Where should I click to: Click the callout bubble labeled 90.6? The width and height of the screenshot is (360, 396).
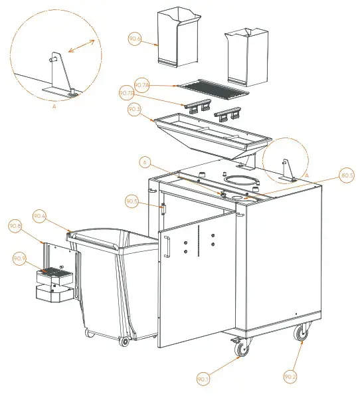pyautogui.click(x=135, y=40)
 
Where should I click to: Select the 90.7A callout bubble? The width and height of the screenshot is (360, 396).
pyautogui.click(x=141, y=85)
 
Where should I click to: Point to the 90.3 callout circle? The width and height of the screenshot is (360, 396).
pyautogui.click(x=134, y=109)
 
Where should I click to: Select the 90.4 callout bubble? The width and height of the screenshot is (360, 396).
pyautogui.click(x=40, y=217)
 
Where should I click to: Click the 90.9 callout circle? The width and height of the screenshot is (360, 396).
pyautogui.click(x=20, y=258)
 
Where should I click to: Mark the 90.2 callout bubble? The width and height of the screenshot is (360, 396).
pyautogui.click(x=290, y=377)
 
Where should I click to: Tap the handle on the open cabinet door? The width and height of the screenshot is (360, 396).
pyautogui.click(x=167, y=247)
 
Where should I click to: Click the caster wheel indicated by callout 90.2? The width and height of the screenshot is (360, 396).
pyautogui.click(x=302, y=333)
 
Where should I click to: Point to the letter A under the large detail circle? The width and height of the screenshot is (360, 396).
pyautogui.click(x=54, y=106)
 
